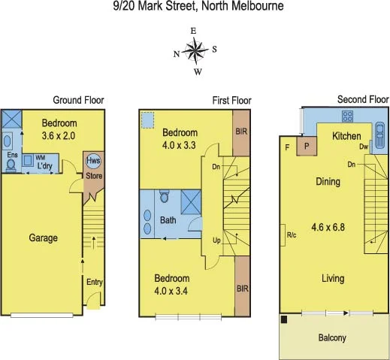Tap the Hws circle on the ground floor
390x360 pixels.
[x=93, y=161]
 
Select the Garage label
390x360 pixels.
[x=43, y=237]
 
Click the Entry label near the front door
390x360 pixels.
[x=95, y=283]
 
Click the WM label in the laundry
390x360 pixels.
[x=39, y=158]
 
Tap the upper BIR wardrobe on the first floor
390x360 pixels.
[x=241, y=132]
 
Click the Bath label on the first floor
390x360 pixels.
[x=168, y=220]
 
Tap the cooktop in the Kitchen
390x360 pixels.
[x=348, y=116]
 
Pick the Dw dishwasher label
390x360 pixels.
[x=362, y=147]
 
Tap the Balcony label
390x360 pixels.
[x=331, y=337]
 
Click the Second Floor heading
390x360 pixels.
[x=363, y=99]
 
